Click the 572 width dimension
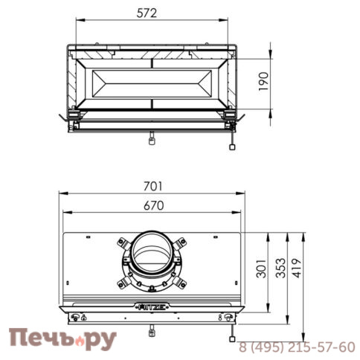[x=151, y=13]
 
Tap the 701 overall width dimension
[x=151, y=186]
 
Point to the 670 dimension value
[x=151, y=205]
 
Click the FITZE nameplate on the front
[x=151, y=304]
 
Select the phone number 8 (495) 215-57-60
[x=297, y=347]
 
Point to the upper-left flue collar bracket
[x=122, y=242]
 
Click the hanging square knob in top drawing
[x=233, y=147]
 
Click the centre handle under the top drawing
[x=151, y=138]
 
